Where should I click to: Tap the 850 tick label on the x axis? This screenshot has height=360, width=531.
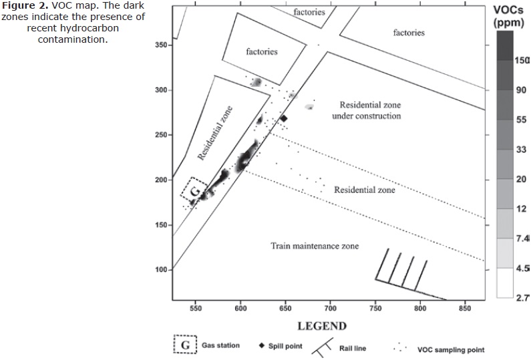pos(465,309)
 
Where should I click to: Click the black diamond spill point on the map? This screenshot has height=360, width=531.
pos(283,118)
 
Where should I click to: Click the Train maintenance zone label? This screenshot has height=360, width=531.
pos(315,246)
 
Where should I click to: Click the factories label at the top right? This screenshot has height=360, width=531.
pos(409,32)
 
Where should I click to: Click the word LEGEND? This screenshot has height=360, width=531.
pos(322,326)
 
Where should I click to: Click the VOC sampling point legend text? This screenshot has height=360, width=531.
pos(451,349)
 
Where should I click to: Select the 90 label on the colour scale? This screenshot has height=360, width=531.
pos(521,90)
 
